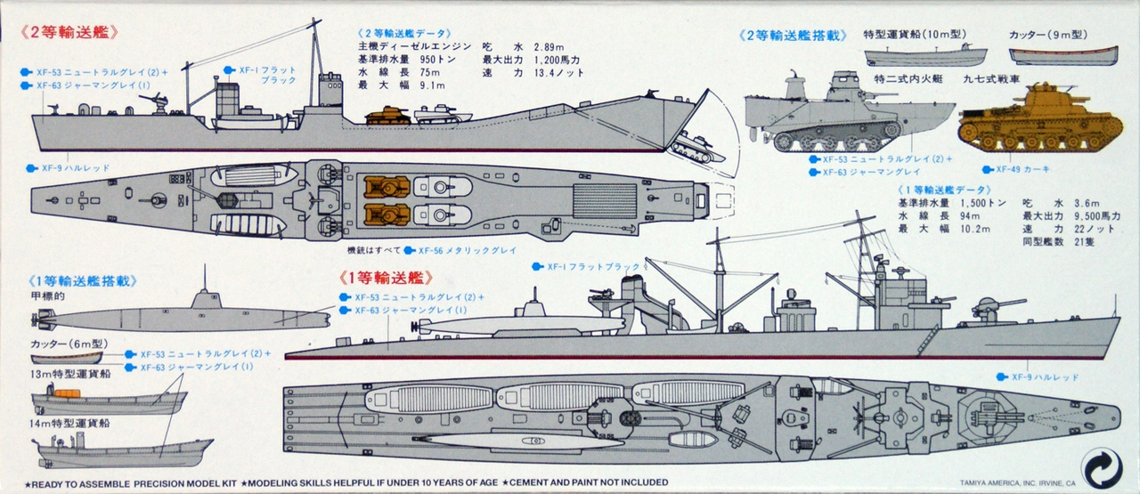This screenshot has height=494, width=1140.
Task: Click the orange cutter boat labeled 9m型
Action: click(1063, 56)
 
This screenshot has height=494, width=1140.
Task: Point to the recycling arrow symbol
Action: click(1101, 468)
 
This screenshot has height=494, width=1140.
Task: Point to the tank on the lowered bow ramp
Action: click(690, 147)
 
